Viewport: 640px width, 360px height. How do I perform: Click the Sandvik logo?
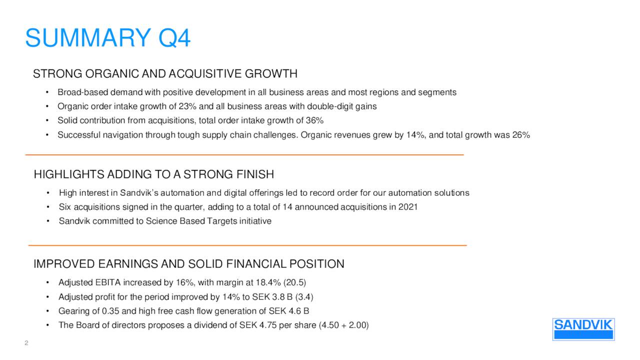point(583,328)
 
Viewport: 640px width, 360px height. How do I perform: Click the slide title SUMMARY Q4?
point(107,38)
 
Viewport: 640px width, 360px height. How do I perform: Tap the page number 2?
point(26,343)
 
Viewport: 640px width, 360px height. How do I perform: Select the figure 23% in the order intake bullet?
point(187,106)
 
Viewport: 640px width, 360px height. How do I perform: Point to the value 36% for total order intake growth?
point(314,120)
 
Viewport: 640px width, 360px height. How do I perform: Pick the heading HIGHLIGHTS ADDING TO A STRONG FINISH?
point(153,174)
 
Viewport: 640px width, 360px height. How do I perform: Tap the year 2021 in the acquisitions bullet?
point(407,207)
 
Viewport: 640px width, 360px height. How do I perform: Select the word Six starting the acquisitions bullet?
point(65,207)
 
